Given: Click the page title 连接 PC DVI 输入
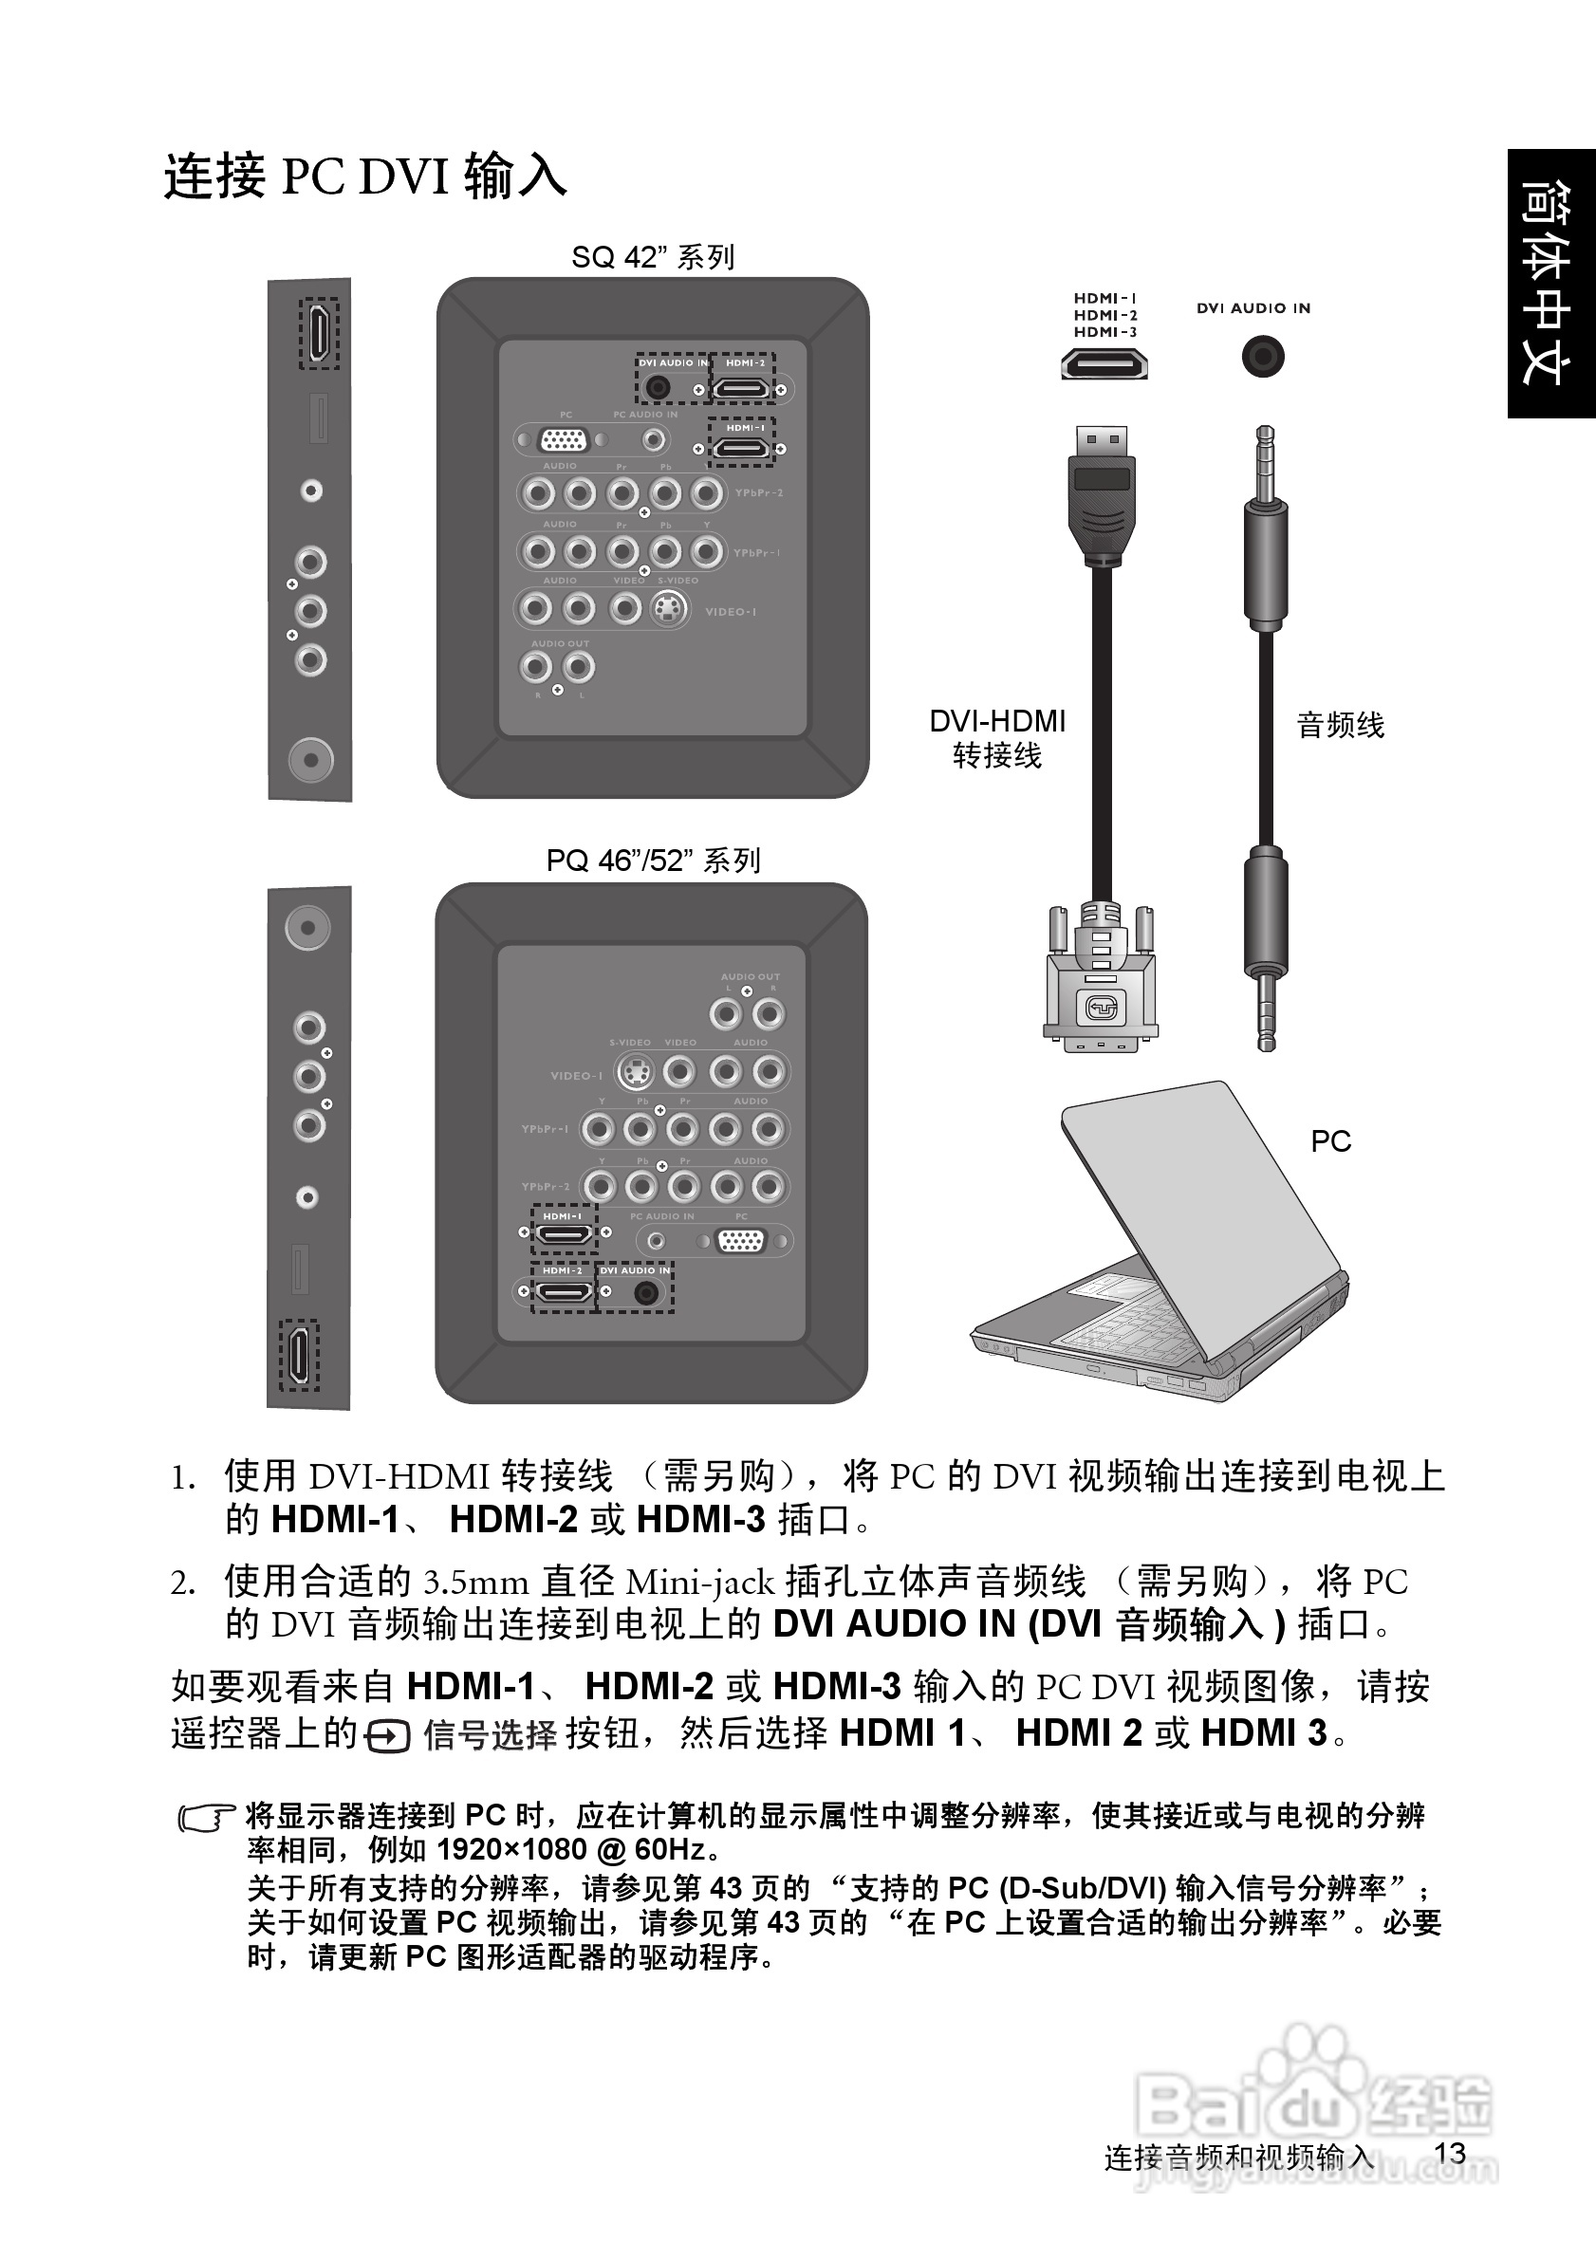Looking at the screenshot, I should [365, 177].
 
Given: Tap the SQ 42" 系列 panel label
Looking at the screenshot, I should [653, 258].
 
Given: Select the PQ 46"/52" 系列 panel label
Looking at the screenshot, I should [653, 861].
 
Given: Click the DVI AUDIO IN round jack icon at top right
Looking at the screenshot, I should [1262, 356].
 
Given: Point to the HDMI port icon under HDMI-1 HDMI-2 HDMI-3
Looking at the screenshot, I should [1104, 365].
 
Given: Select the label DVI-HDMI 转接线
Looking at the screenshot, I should [996, 739].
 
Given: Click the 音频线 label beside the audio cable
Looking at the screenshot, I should [1340, 726].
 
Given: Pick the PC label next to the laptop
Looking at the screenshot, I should [1330, 1141].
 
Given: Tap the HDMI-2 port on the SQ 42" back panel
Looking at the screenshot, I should [741, 390].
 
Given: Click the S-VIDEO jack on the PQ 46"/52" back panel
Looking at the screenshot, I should [636, 1071].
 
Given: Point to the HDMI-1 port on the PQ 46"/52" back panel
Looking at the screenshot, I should [564, 1232].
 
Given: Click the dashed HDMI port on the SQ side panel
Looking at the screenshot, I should [319, 334].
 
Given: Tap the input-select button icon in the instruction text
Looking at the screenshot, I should [387, 1736].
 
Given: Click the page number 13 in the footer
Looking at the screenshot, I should [1451, 2153].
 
